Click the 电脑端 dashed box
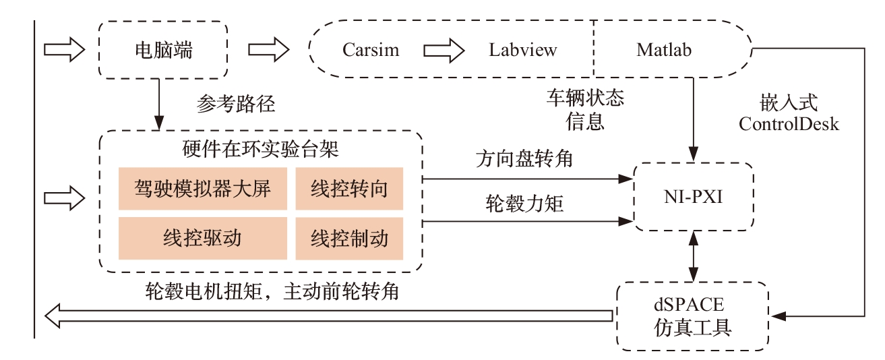click(x=163, y=50)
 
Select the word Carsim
click(x=370, y=50)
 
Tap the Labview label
click(x=523, y=50)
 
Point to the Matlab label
click(x=663, y=50)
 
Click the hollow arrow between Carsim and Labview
click(x=444, y=50)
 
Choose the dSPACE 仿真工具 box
click(x=692, y=316)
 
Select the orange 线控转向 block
click(x=349, y=189)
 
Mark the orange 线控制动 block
click(x=349, y=238)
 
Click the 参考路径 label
click(x=236, y=104)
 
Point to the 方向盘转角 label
click(x=524, y=160)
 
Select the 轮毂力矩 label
click(x=524, y=204)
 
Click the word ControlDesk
click(x=789, y=124)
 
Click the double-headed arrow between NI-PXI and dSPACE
click(x=692, y=257)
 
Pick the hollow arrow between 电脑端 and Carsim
click(x=268, y=50)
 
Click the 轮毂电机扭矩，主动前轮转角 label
click(x=272, y=292)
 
